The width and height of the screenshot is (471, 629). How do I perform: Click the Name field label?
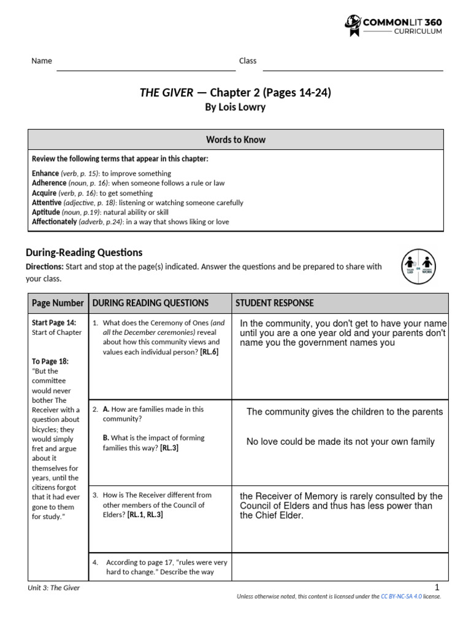pos(42,61)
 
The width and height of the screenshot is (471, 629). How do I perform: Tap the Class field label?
pos(248,61)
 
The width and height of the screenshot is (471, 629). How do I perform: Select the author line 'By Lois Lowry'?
pos(235,107)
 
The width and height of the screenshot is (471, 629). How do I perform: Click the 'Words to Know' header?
pos(235,139)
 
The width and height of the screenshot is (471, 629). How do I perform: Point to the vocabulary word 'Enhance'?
pos(45,174)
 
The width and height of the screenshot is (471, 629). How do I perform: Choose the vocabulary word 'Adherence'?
pos(49,183)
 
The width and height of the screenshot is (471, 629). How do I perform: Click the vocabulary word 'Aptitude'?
pos(46,212)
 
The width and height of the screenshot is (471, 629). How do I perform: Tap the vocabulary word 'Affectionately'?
pos(55,222)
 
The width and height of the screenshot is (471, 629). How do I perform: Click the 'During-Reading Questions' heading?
pos(84,252)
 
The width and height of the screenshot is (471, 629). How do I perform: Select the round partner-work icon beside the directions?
pos(418,267)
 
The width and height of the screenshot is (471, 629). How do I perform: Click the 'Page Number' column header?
pos(58,303)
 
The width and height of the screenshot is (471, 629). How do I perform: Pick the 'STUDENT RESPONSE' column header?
pos(275,303)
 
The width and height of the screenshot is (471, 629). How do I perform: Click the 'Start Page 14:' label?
pos(54,322)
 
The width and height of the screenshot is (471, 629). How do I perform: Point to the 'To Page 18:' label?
pos(50,361)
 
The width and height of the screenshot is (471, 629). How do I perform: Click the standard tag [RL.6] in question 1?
pos(208,352)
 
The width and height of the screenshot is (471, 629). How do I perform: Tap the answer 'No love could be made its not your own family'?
pos(340,442)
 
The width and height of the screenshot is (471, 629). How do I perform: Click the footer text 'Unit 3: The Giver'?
pos(54,588)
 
